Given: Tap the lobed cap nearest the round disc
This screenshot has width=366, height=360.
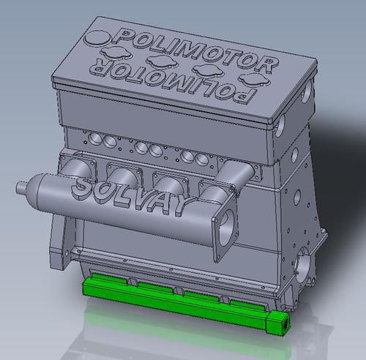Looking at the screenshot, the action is tap(116, 53).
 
